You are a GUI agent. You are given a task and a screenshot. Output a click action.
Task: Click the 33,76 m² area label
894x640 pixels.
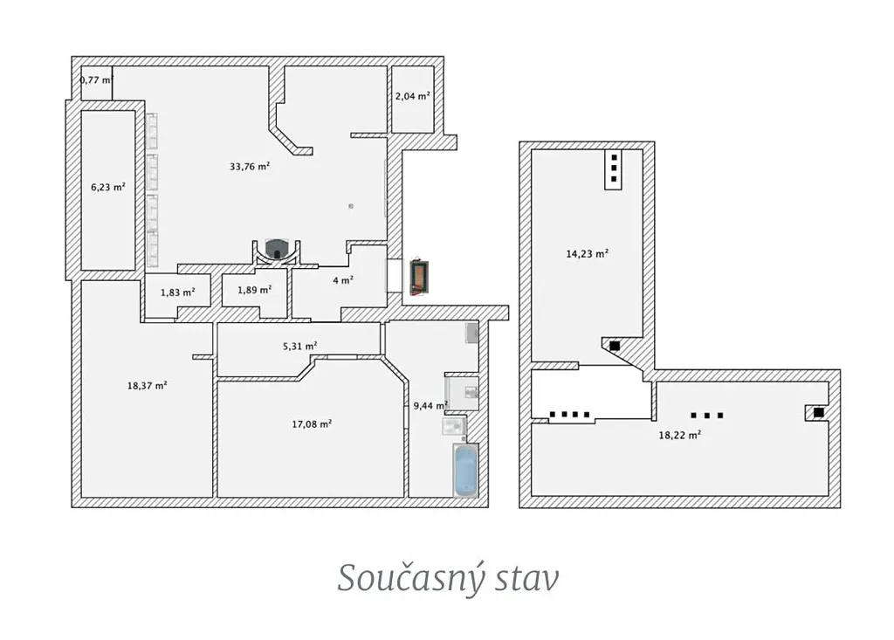click(x=249, y=167)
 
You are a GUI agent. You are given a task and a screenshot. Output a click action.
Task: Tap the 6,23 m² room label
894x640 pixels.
click(x=107, y=187)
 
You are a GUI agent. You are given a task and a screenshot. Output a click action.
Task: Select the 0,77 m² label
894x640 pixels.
click(x=96, y=79)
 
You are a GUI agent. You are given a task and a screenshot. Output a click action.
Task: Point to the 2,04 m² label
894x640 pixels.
click(x=412, y=96)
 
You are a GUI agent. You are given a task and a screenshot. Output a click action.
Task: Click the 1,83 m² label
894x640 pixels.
click(x=177, y=292)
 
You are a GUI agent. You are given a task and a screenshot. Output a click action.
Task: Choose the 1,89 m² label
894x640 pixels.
click(x=254, y=290)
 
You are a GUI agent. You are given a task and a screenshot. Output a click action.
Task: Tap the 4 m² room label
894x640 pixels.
click(x=342, y=280)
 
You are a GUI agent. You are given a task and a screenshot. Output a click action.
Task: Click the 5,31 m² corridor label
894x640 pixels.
click(x=300, y=346)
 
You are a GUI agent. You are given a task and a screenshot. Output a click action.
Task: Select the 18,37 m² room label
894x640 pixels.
click(x=147, y=386)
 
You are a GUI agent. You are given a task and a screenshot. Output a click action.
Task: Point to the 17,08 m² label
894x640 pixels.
click(x=312, y=423)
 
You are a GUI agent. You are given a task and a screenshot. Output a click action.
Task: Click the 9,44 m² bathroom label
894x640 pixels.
click(x=430, y=405)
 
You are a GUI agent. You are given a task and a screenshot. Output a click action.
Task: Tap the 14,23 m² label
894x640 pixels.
click(x=588, y=254)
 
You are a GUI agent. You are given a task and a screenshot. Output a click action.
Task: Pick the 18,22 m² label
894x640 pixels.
click(x=679, y=435)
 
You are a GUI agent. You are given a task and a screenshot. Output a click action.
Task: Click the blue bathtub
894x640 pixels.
click(x=466, y=470)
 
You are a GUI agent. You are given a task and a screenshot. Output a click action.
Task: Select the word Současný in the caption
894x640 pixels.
click(x=410, y=578)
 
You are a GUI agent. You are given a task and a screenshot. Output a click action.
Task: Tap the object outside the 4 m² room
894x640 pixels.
click(x=420, y=278)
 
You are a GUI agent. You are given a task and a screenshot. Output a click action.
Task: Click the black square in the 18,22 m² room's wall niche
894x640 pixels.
click(x=819, y=412)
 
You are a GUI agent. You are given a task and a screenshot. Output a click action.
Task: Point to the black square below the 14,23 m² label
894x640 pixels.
click(x=615, y=346)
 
